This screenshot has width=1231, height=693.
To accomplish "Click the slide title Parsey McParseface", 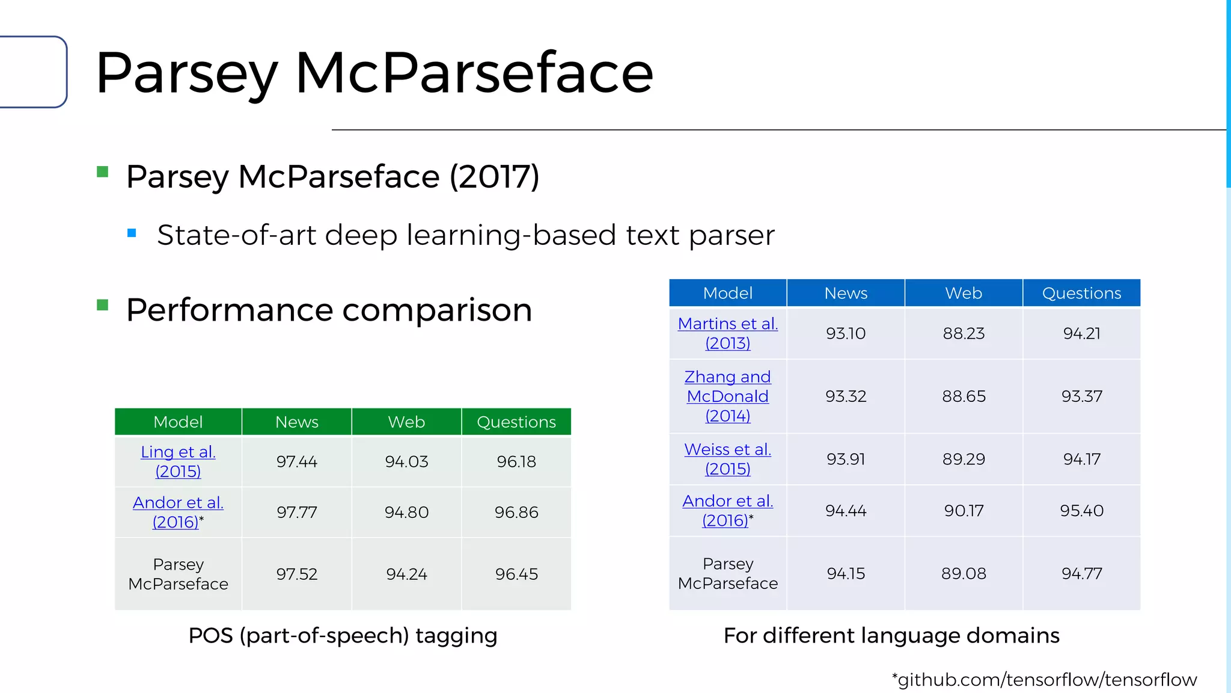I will [x=374, y=73].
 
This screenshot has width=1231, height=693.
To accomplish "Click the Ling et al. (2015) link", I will [x=178, y=461].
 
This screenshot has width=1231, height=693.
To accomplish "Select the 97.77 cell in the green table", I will [x=296, y=513].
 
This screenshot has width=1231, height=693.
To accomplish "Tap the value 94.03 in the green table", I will [x=406, y=462].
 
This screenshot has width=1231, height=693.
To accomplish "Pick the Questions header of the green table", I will [x=516, y=422].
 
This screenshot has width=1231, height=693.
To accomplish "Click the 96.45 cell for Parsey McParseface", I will [x=516, y=574].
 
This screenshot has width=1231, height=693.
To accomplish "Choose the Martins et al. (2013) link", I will [x=727, y=333].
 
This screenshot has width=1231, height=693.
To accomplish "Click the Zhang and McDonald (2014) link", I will [x=727, y=396].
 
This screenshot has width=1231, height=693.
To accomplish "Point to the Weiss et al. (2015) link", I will [x=727, y=459].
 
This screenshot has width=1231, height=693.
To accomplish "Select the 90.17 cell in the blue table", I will [x=964, y=511].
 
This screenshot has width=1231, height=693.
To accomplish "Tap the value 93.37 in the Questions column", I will [x=1081, y=396].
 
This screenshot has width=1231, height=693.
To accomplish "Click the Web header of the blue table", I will [x=964, y=294].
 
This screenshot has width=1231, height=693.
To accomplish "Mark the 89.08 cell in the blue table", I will [x=964, y=574].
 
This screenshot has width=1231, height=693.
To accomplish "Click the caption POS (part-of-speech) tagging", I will [x=343, y=636].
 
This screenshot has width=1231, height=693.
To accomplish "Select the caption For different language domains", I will [x=891, y=636].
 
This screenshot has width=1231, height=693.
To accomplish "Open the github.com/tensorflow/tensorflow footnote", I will [x=1045, y=680].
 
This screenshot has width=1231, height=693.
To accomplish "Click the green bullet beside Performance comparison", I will [x=103, y=306].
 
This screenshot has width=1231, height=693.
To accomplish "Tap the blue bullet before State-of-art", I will [x=132, y=233].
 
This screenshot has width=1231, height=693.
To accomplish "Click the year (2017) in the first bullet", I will [x=494, y=177].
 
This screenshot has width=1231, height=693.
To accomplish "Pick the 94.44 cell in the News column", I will [x=846, y=511].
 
